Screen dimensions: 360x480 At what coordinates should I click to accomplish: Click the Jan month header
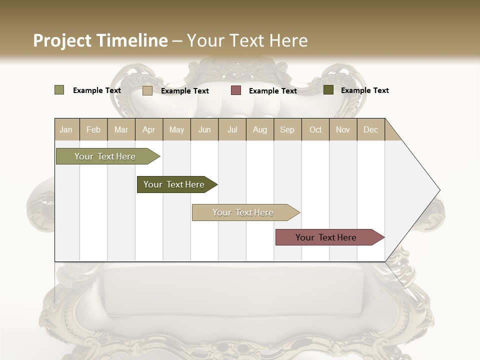[66, 129]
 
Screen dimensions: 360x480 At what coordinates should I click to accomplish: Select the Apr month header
[148, 129]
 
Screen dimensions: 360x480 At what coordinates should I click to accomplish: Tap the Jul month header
[232, 129]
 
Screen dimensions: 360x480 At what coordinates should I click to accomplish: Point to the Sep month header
[287, 129]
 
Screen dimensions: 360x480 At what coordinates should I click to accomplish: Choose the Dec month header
[370, 129]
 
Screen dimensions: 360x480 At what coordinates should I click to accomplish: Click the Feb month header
[93, 129]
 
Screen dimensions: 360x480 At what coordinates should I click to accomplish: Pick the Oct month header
[315, 129]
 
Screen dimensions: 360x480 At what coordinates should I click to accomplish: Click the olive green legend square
[59, 90]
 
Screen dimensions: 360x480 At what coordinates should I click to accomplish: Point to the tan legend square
[147, 90]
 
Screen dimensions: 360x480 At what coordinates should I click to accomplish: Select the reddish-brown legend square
[236, 90]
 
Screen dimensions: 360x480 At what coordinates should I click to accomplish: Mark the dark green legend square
[328, 90]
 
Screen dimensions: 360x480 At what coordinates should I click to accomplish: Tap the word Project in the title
[62, 40]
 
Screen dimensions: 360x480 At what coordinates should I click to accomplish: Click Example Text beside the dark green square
[364, 90]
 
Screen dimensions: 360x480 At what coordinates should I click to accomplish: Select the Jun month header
[204, 129]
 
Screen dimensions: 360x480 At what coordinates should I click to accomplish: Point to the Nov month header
[343, 129]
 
